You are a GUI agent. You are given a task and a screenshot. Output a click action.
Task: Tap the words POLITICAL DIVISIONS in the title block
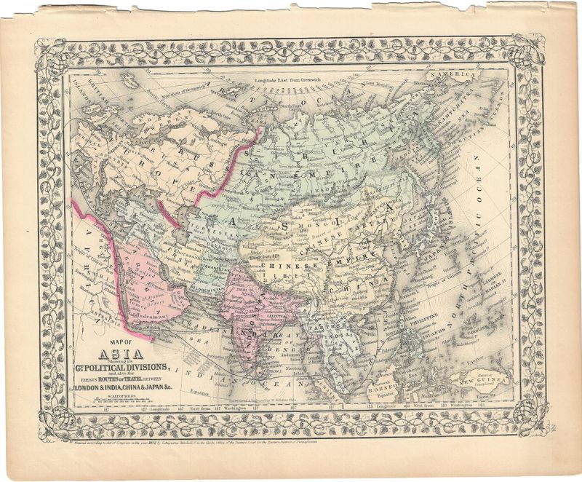click(x=133, y=367)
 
